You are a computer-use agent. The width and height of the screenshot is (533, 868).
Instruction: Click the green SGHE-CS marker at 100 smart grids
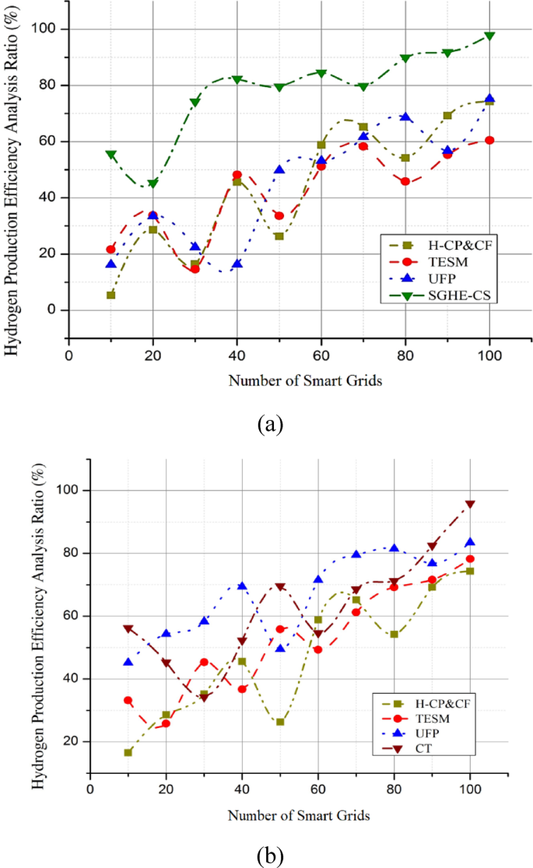(x=489, y=37)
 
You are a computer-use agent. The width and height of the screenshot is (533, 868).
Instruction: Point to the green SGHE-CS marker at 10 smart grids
(x=111, y=155)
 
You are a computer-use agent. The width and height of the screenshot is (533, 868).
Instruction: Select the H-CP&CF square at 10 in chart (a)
(x=111, y=295)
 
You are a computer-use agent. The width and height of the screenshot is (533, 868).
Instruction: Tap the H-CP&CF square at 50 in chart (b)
(x=279, y=722)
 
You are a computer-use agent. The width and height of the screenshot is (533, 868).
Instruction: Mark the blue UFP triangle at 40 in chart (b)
(x=242, y=586)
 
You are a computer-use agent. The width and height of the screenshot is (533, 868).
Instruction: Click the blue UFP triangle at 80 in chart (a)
(x=405, y=117)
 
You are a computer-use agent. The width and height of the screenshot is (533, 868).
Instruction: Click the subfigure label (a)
(x=269, y=423)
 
